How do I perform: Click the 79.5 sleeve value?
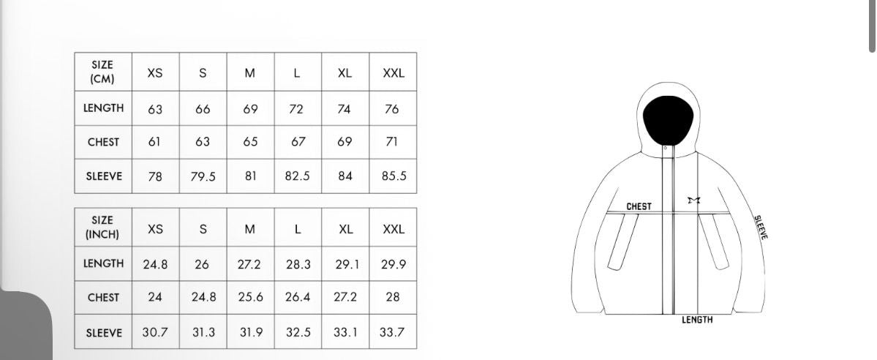[x=203, y=176]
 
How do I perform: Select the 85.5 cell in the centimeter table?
[x=394, y=176]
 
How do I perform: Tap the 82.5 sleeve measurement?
[x=297, y=176]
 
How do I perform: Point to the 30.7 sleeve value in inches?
[x=155, y=332]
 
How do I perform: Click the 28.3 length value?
[x=298, y=264]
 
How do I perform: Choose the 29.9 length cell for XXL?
[x=394, y=264]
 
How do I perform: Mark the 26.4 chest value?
[x=298, y=297]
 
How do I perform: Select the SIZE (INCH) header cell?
[x=102, y=228]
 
